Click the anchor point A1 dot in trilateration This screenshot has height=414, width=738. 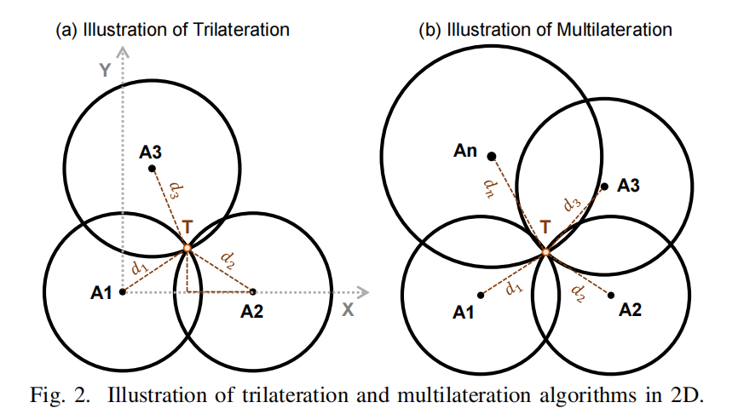pos(123,291)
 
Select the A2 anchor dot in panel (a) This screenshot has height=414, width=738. pos(252,291)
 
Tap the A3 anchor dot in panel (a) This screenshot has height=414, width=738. pos(153,169)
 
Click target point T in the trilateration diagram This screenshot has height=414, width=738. pos(187,248)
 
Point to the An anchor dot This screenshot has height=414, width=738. pos(491,156)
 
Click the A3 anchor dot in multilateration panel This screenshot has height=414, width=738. pos(604,187)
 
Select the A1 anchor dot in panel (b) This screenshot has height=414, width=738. pos(481,295)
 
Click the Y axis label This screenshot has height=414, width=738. pos(105,71)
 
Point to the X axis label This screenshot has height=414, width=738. pos(348,311)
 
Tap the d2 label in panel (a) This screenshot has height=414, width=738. pos(228,256)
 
